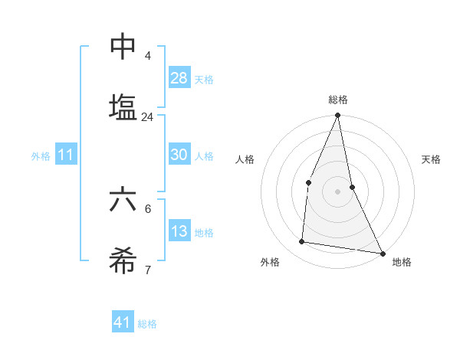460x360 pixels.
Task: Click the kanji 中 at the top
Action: pos(123,47)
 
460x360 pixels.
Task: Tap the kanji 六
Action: pos(123,201)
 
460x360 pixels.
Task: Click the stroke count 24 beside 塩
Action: pos(147,117)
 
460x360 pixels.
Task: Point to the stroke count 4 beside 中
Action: pos(148,56)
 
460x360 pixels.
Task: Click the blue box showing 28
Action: pos(179,78)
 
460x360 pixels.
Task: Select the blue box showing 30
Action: pos(179,155)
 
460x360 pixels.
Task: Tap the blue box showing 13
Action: pos(179,231)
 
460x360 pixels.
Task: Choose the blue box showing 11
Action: pos(66,155)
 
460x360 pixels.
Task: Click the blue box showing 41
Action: pos(123,323)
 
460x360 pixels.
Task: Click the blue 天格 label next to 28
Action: pos(204,80)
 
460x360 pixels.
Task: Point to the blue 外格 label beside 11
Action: pos(41,156)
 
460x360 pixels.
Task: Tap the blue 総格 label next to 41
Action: pos(147,324)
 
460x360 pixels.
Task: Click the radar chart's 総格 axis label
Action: pos(338,100)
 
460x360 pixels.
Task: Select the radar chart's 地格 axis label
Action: pos(402,263)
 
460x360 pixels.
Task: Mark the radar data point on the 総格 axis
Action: pos(338,116)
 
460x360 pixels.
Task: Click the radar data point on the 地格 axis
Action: pos(382,253)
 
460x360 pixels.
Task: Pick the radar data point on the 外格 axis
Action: pos(302,242)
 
